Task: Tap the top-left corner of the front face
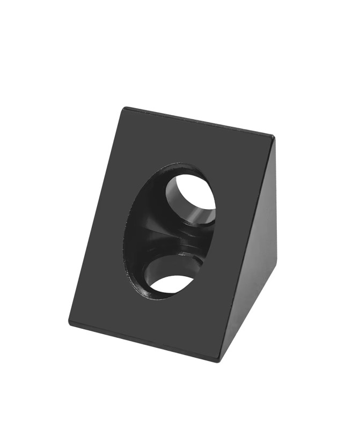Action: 125,109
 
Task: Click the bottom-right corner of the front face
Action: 217,358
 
